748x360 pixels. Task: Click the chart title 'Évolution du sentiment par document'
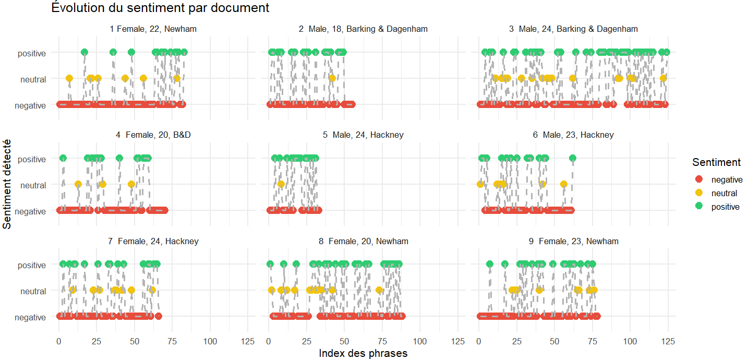click(160, 8)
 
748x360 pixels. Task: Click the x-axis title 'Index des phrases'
click(363, 353)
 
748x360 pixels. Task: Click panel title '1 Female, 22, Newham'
click(153, 29)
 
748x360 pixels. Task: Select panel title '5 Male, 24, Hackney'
click(363, 135)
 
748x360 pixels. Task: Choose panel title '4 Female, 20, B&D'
click(153, 135)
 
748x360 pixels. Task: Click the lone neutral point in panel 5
click(281, 184)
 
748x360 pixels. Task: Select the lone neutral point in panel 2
click(332, 78)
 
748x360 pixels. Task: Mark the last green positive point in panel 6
click(572, 158)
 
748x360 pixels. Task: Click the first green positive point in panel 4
click(63, 158)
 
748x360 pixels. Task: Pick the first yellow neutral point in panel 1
click(69, 78)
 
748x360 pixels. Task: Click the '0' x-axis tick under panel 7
click(58, 341)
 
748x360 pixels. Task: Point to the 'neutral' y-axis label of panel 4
click(33, 185)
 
